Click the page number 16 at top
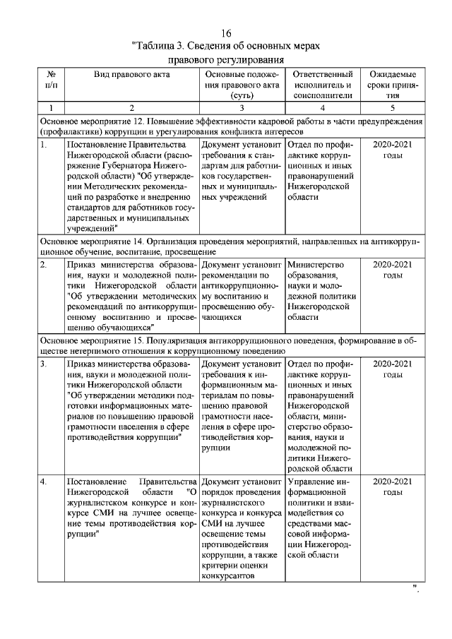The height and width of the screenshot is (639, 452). click(226, 34)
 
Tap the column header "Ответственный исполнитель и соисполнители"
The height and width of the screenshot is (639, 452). click(322, 85)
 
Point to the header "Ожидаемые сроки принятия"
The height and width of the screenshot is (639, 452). click(393, 85)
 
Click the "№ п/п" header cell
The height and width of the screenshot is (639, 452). click(51, 80)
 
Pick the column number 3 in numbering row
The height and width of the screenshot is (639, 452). click(242, 107)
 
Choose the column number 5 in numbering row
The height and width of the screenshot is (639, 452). click(393, 107)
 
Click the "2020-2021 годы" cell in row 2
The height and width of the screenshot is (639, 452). click(393, 270)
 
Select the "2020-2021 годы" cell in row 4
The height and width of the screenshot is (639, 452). click(393, 487)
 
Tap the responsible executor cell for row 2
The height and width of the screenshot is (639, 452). click(322, 291)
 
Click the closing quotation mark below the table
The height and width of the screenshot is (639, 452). click(416, 588)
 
